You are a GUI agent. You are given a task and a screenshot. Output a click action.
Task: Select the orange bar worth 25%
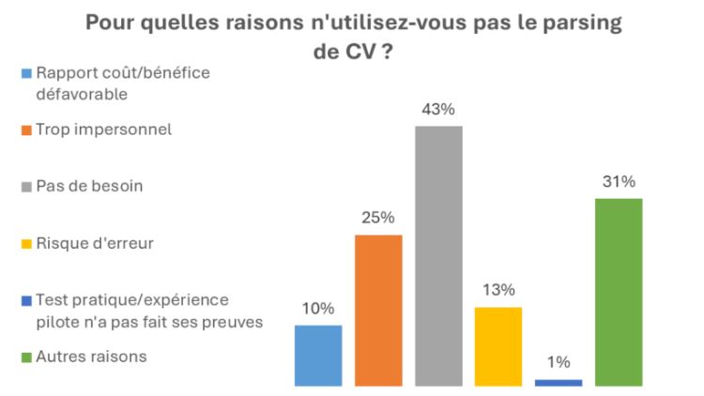(378, 310)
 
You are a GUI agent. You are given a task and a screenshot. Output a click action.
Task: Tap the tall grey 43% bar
(438, 255)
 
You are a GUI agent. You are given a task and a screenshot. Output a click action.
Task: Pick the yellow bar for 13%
(498, 345)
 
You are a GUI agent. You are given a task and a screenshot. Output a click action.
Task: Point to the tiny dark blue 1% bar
(559, 382)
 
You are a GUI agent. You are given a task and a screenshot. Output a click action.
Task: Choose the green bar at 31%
(619, 292)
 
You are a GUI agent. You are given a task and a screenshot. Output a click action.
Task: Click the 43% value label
(438, 110)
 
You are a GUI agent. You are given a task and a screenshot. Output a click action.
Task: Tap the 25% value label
(378, 219)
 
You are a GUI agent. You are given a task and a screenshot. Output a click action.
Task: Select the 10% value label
(318, 309)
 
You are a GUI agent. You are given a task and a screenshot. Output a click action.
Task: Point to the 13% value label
(498, 291)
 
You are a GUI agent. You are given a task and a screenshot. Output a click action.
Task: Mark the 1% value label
(559, 363)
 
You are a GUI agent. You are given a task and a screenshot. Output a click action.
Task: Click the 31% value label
(619, 182)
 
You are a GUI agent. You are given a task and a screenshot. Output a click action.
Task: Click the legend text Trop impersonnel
(103, 129)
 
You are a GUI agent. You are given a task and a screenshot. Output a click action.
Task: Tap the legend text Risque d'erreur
(95, 243)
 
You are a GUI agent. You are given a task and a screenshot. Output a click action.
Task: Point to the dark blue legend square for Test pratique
(27, 300)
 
